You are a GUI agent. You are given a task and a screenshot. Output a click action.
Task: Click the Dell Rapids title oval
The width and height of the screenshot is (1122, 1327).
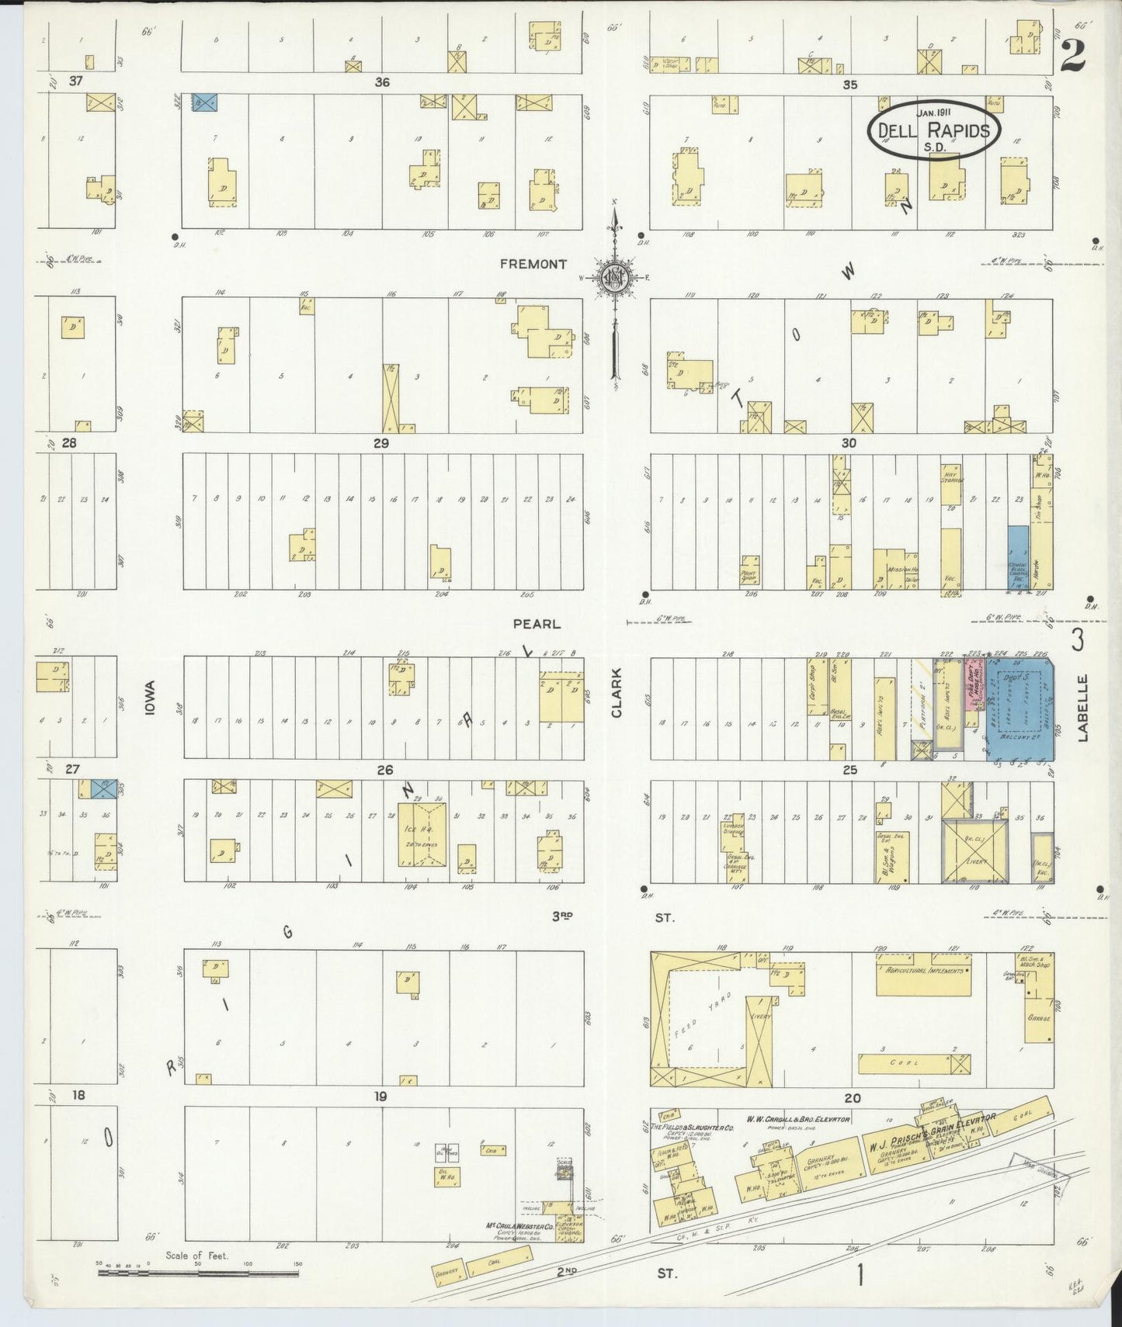click(934, 130)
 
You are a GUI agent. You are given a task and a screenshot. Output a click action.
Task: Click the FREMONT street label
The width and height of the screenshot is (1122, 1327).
click(533, 264)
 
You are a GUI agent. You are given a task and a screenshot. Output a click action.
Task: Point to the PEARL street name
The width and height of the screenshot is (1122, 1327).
click(535, 623)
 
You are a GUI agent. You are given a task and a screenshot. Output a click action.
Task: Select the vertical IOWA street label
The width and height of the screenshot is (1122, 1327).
click(150, 698)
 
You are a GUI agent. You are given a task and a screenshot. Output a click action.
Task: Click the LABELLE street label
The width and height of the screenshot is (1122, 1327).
click(1082, 707)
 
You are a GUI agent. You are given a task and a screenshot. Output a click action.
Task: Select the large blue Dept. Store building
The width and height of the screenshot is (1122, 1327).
click(1020, 706)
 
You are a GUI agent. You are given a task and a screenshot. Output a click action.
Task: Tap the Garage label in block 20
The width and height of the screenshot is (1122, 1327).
click(1037, 1017)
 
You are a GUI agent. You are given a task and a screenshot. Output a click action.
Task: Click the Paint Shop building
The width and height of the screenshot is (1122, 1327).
click(749, 573)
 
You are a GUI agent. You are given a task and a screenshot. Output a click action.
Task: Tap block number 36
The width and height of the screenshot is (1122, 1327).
click(381, 81)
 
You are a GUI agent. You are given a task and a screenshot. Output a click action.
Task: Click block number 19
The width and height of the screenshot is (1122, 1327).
click(380, 1097)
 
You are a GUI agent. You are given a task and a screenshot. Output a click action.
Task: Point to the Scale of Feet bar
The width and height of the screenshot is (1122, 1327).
click(198, 1273)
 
